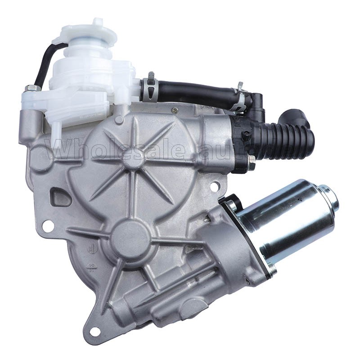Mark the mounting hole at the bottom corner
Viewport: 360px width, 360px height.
[94, 331]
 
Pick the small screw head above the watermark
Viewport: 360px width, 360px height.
[175, 110]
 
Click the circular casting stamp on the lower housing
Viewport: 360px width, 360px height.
[90, 248]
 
